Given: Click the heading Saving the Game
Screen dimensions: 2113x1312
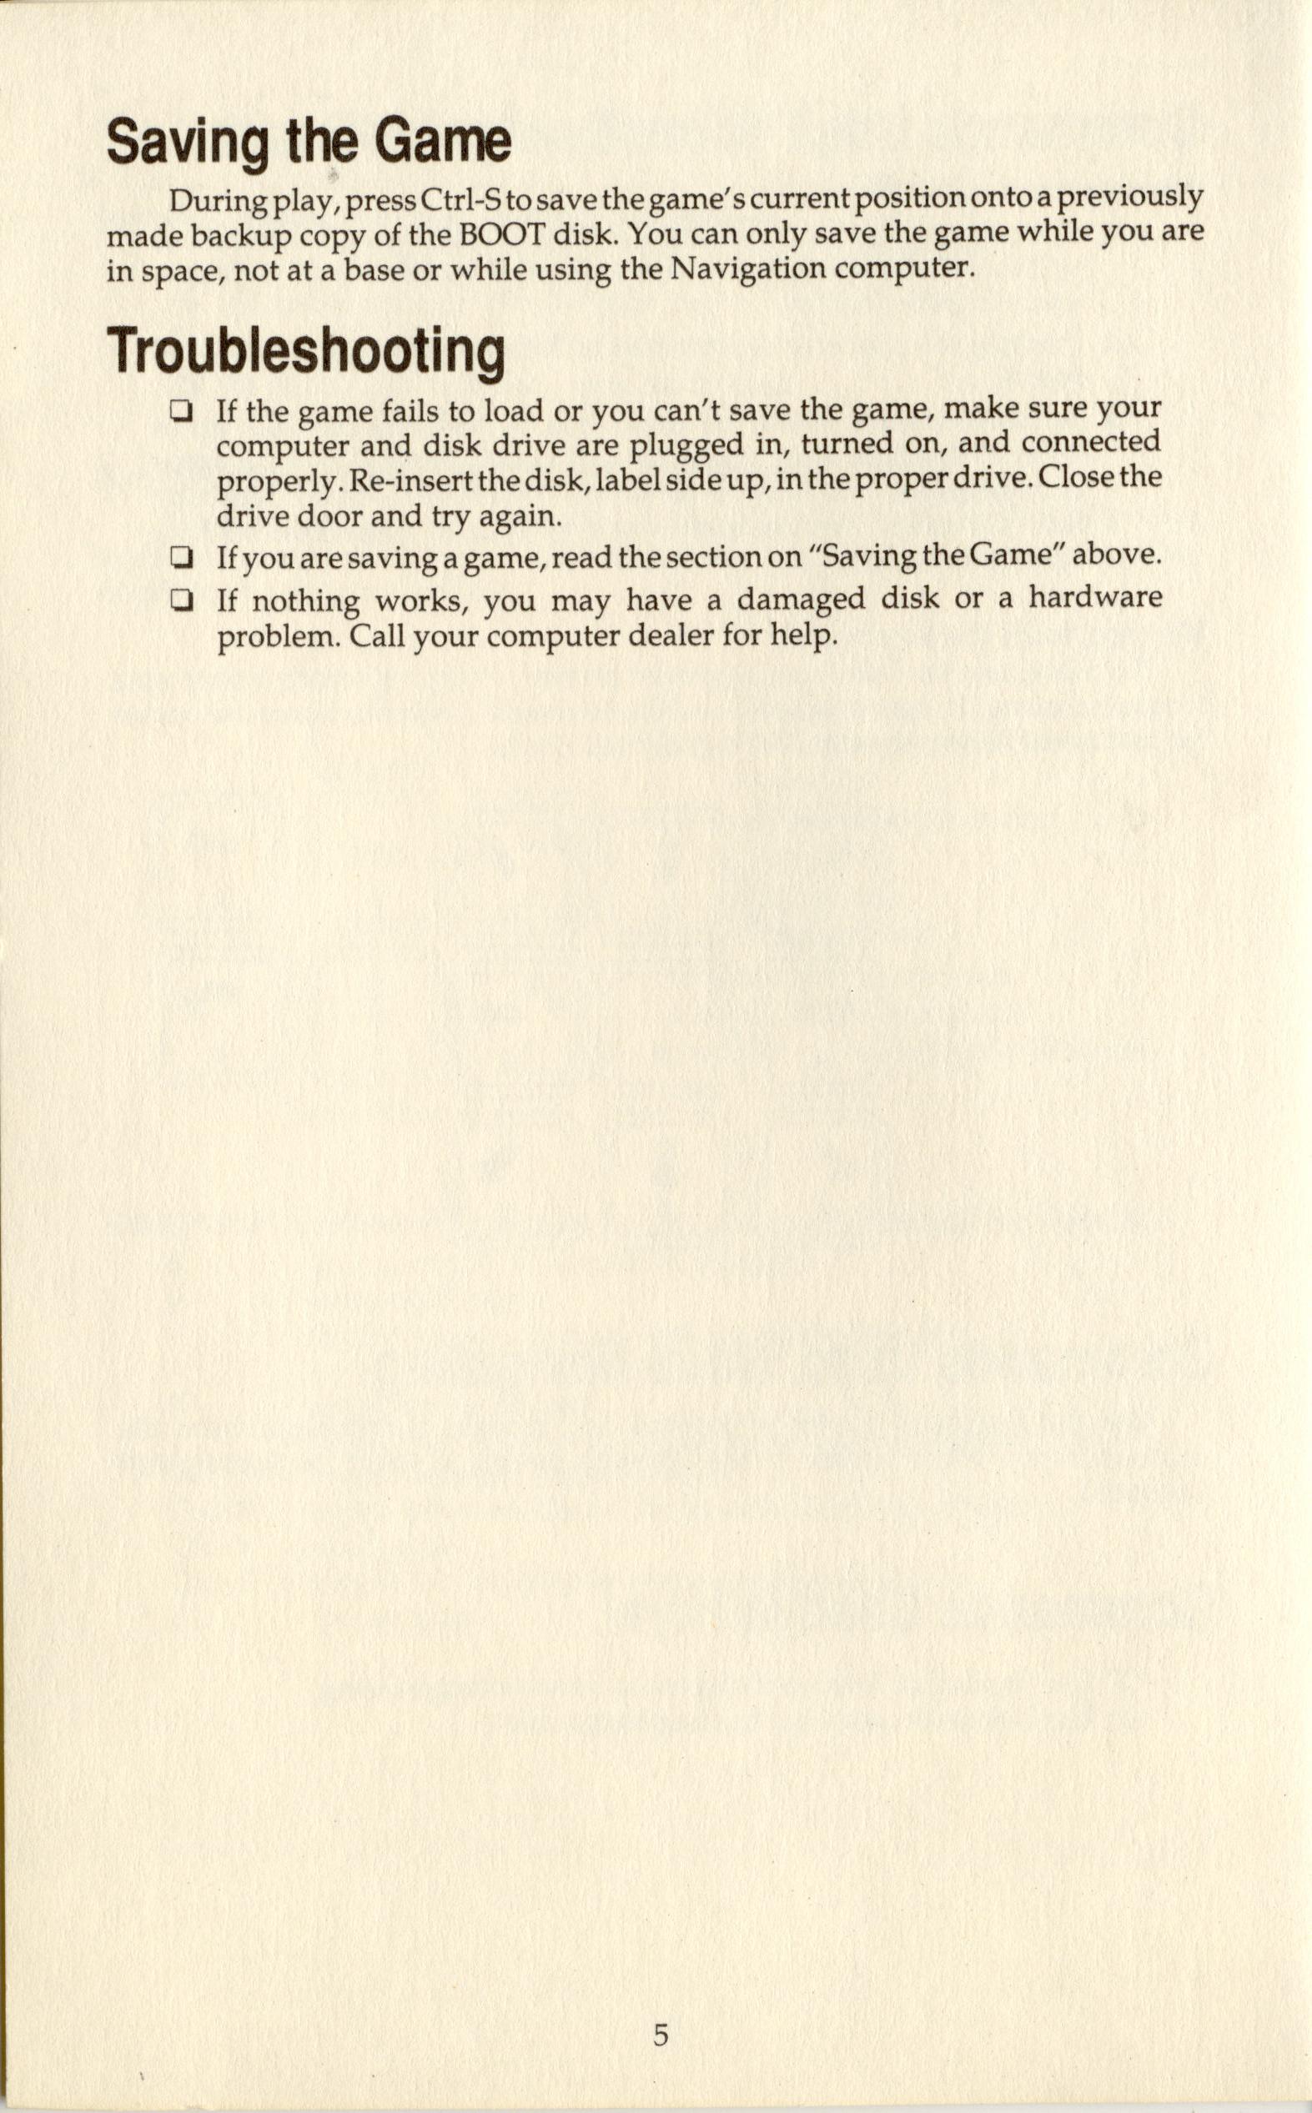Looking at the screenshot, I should click(x=308, y=143).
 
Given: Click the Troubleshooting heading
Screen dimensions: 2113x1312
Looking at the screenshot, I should click(x=305, y=351).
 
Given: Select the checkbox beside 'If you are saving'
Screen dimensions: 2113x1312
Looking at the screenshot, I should click(x=180, y=557).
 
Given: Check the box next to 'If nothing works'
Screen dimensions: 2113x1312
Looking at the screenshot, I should click(x=180, y=600).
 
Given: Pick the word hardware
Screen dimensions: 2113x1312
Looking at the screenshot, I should click(x=1095, y=599).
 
